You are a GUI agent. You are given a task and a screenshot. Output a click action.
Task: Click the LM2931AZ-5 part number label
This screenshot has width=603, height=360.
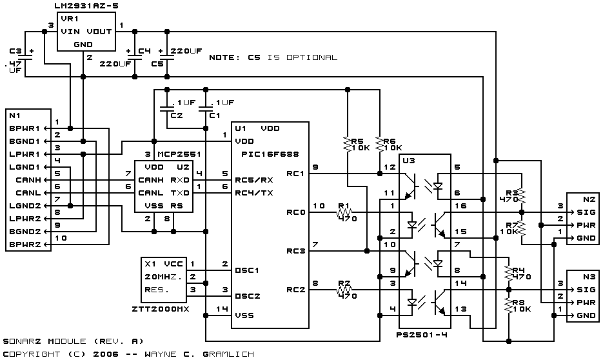tap(87, 6)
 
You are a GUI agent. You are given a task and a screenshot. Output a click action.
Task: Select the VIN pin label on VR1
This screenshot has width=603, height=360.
tap(70, 32)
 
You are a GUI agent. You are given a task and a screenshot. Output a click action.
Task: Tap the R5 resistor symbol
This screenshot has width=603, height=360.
tap(348, 145)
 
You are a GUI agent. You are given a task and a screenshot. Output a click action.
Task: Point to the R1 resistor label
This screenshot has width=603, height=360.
tap(343, 206)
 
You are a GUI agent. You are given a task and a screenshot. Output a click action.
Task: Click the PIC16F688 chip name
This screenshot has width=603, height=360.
tap(270, 154)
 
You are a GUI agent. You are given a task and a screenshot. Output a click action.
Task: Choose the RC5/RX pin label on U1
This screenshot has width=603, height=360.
tap(254, 180)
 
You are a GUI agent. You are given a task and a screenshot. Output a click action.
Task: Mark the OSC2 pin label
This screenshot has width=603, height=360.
tap(247, 296)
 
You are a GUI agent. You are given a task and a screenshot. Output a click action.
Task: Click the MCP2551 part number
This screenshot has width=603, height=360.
tap(179, 154)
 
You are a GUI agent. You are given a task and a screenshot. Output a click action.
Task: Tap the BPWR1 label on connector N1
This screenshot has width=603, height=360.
tap(25, 128)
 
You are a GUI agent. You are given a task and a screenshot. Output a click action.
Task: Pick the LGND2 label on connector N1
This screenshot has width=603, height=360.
tap(25, 206)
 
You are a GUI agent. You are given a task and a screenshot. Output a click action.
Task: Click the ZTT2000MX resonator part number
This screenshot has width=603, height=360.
tap(161, 309)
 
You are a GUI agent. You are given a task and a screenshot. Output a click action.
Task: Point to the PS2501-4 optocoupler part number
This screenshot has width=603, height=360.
tap(422, 335)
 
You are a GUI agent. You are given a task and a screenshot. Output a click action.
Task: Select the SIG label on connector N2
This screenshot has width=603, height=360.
tap(586, 212)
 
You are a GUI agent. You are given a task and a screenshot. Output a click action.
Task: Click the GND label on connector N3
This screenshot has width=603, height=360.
tap(586, 315)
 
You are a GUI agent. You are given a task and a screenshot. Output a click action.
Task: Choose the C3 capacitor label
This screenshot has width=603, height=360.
tap(15, 51)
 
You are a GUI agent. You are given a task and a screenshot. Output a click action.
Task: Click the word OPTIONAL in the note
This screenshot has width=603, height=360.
tap(312, 57)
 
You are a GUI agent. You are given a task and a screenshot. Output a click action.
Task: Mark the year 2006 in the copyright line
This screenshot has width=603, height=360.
tap(106, 354)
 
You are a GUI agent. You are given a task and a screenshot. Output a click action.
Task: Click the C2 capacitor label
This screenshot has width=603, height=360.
tap(177, 115)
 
